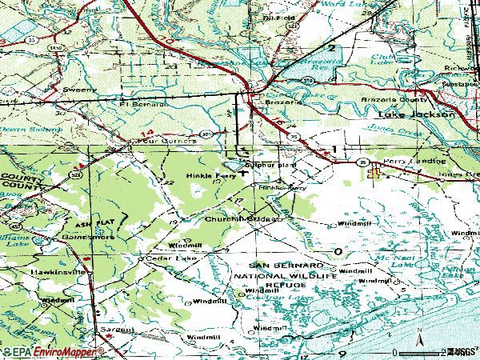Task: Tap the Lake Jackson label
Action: click(x=415, y=114)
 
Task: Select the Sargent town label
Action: click(x=116, y=330)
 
